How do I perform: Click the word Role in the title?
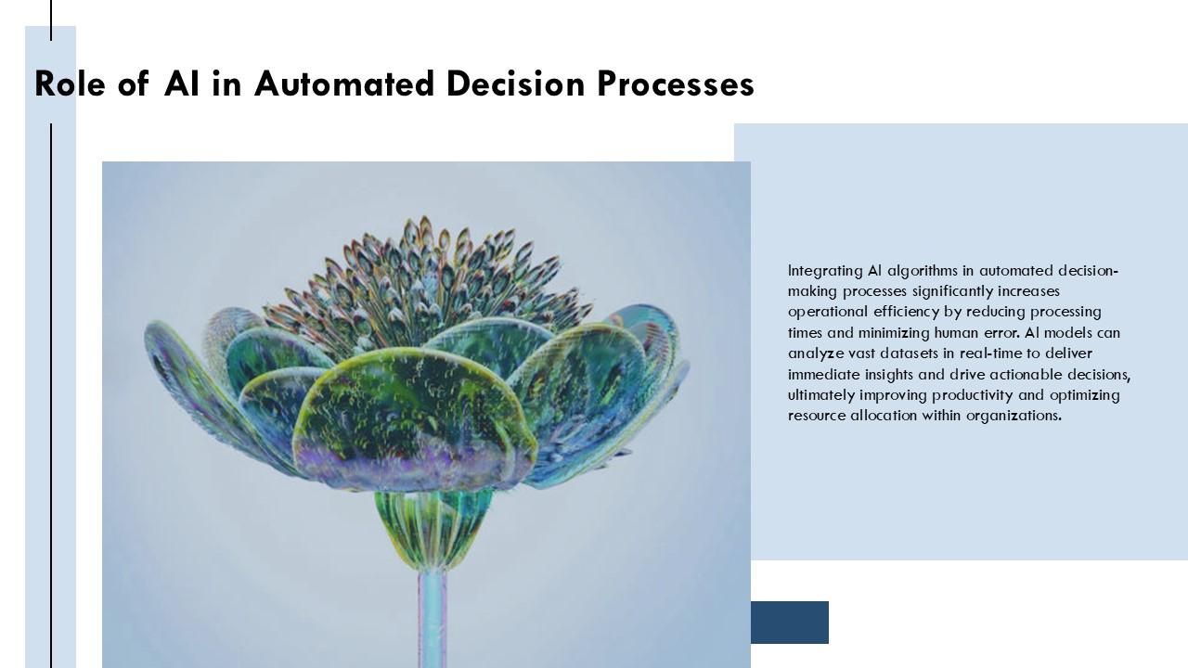71,84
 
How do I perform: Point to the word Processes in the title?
675,84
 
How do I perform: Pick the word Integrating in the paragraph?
824,271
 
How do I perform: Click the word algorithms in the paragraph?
923,271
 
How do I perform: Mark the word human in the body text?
961,333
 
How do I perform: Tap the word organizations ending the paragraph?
1013,416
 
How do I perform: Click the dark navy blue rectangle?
789,623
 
